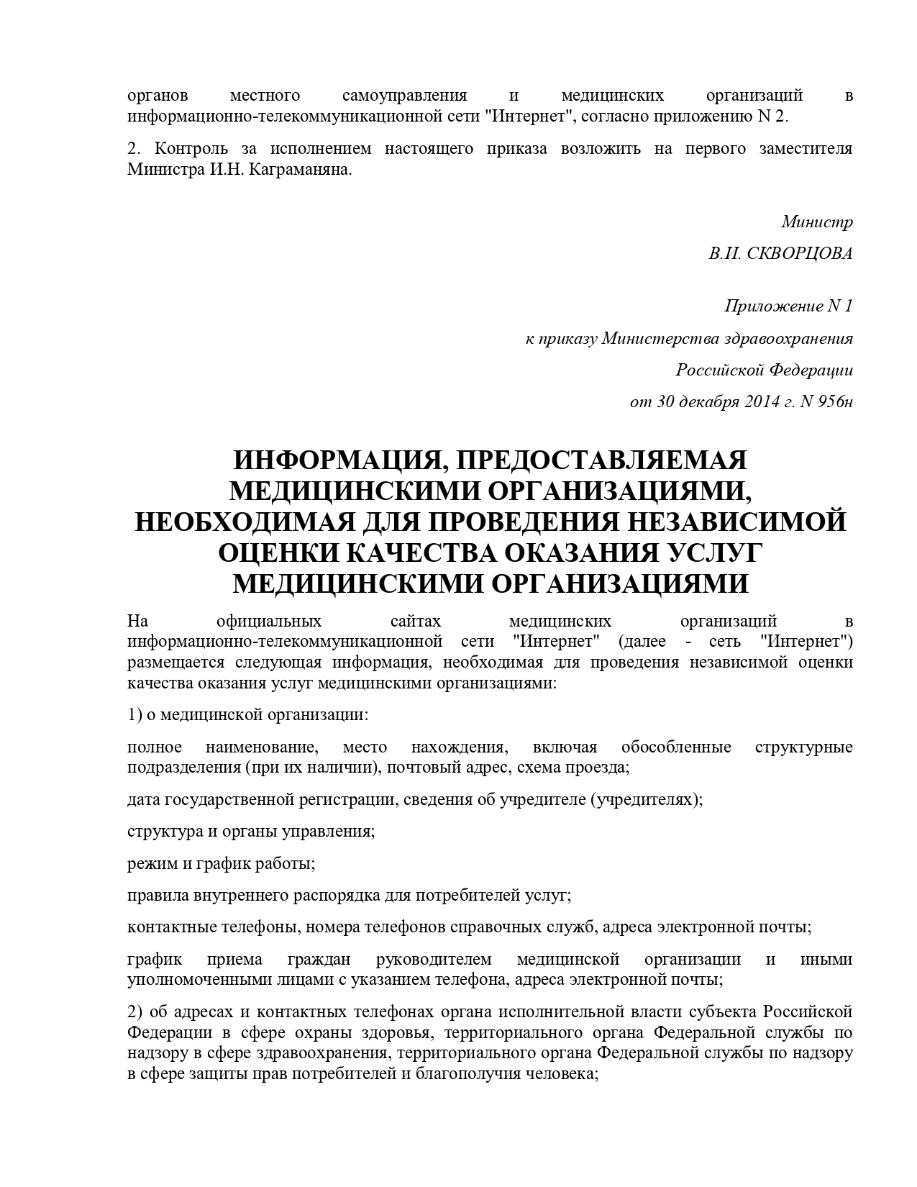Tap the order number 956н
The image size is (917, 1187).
pyautogui.click(x=834, y=401)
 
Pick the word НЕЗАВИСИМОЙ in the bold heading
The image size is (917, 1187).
pyautogui.click(x=747, y=521)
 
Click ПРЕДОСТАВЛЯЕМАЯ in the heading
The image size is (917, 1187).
pyautogui.click(x=601, y=460)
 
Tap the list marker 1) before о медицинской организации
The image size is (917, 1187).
pyautogui.click(x=135, y=715)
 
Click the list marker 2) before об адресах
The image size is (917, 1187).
pyautogui.click(x=135, y=1011)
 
